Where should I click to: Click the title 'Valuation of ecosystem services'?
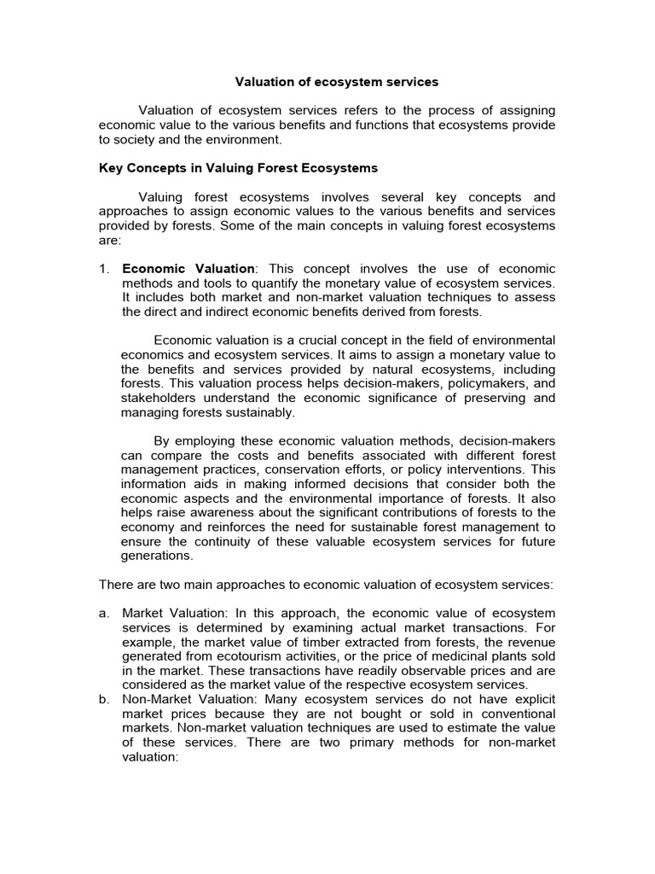tap(336, 82)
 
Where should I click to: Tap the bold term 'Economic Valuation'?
tap(188, 269)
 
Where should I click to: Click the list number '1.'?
tap(105, 269)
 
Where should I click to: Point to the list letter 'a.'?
tap(105, 614)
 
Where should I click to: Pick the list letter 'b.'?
tap(105, 700)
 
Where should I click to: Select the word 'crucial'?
tap(341, 340)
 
